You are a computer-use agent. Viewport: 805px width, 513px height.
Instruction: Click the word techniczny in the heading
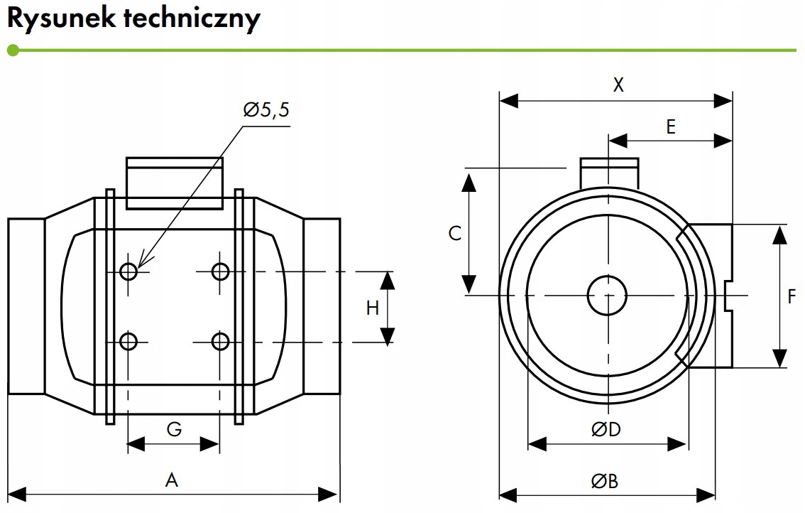click(x=192, y=19)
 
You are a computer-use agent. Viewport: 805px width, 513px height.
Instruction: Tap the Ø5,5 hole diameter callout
click(x=266, y=109)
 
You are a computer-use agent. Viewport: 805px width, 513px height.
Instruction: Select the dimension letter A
click(x=172, y=480)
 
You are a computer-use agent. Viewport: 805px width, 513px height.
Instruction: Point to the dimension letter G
click(x=174, y=428)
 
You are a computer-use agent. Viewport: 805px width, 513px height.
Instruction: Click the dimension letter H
click(x=373, y=308)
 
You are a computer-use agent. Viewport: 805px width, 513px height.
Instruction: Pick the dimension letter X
click(x=618, y=85)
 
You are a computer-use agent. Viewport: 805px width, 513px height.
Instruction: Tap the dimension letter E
click(x=671, y=126)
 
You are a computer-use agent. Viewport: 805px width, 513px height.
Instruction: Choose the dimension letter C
click(x=455, y=233)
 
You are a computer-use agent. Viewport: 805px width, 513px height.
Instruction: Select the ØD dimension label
click(x=606, y=429)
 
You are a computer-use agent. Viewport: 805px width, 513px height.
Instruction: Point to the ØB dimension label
click(x=605, y=481)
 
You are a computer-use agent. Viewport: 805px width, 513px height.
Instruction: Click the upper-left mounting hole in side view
click(x=128, y=271)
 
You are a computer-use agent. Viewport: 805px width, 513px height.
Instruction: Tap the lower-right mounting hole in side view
click(x=220, y=341)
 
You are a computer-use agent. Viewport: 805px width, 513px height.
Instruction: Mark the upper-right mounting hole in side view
click(x=220, y=271)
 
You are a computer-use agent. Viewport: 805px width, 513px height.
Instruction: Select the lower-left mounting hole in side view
click(x=128, y=341)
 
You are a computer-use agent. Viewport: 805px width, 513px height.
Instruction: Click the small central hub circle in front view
click(x=608, y=295)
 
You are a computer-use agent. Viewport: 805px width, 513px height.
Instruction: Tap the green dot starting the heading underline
click(x=13, y=50)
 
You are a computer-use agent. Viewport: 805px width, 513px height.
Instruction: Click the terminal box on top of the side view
click(x=175, y=183)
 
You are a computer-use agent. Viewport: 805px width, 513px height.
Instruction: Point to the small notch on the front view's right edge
click(x=728, y=296)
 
